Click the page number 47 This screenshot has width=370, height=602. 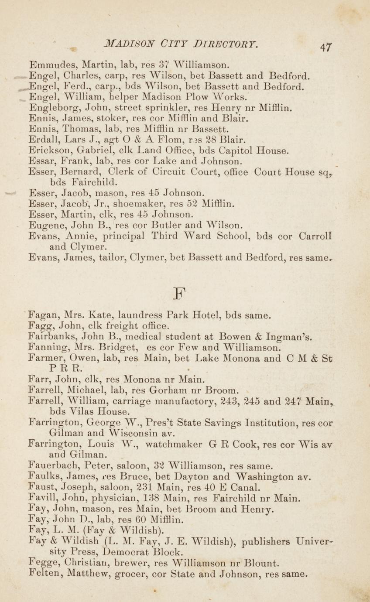[x=326, y=47]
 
